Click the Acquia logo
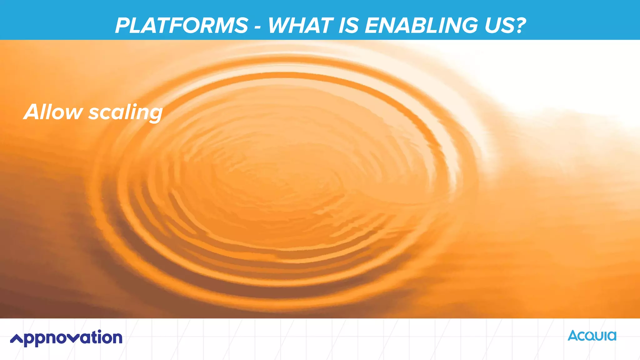click(592, 336)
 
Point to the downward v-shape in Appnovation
click(73, 338)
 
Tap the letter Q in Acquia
click(590, 337)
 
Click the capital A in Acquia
click(573, 336)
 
